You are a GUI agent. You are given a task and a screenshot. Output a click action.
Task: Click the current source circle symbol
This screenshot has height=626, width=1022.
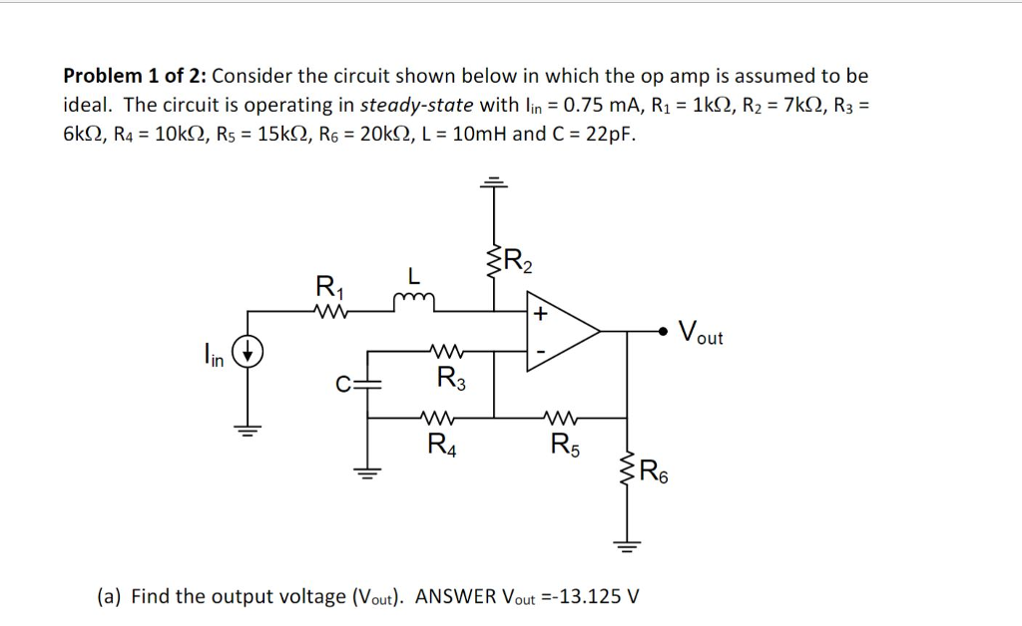tap(249, 352)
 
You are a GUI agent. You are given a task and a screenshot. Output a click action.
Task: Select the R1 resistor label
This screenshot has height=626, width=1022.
tap(326, 288)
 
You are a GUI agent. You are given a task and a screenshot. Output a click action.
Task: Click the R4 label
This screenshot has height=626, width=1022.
tap(440, 445)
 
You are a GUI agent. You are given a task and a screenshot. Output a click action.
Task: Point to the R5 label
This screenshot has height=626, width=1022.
tap(564, 445)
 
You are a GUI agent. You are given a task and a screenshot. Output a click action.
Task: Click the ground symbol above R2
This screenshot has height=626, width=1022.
tap(494, 182)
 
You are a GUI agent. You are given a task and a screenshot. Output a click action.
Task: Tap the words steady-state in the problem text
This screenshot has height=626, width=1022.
tap(405, 106)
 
